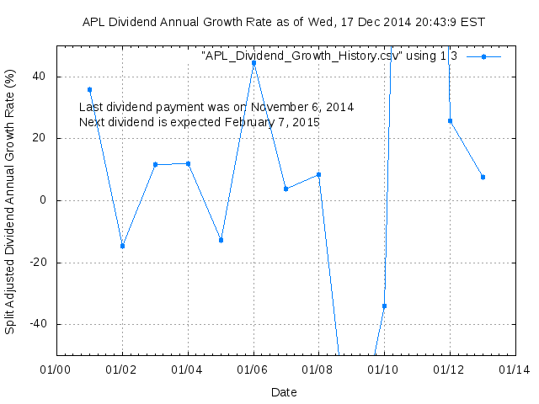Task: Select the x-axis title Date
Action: pos(284,392)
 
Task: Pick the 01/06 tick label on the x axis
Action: pos(253,369)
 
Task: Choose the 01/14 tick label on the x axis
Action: pos(515,369)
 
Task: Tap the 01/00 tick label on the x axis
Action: pos(56,369)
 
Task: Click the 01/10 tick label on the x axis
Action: pos(384,369)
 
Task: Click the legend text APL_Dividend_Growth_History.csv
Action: pos(329,56)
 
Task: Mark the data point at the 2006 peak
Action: pos(253,63)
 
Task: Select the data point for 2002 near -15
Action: pos(122,246)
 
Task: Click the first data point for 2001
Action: pos(89,89)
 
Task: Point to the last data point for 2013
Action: pos(483,177)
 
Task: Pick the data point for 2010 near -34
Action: pos(384,306)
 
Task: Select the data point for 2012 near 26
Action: pos(450,120)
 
